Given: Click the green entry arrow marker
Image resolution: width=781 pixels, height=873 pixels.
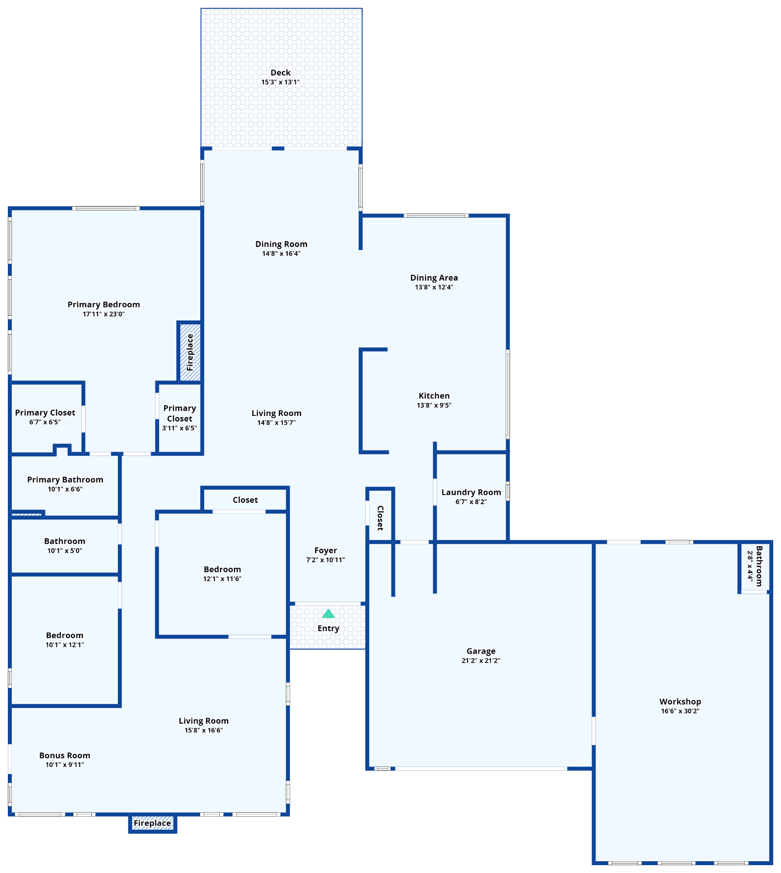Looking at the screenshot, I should click(x=328, y=614).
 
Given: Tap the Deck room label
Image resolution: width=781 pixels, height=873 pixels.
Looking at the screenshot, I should click(x=281, y=72).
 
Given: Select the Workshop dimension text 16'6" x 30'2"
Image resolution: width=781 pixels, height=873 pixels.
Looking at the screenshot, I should click(x=680, y=711).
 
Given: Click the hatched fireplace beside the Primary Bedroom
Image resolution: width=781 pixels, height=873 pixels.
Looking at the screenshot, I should click(x=190, y=352).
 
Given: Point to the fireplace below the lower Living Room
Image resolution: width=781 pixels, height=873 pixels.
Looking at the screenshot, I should click(x=152, y=823).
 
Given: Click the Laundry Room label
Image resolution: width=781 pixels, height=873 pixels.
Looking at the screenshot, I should click(x=471, y=492).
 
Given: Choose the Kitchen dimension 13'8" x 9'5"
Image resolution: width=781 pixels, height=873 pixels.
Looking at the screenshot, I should click(x=434, y=406).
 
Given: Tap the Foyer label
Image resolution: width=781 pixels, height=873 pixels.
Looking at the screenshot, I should click(x=325, y=550).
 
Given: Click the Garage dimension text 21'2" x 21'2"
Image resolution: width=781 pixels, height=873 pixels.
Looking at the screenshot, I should click(x=480, y=661).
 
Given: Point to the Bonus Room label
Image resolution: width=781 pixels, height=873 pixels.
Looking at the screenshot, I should click(x=65, y=756).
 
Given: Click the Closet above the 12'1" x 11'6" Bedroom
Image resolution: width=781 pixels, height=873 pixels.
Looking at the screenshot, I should click(x=245, y=500).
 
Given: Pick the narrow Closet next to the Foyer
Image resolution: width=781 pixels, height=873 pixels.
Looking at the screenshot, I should click(x=380, y=518).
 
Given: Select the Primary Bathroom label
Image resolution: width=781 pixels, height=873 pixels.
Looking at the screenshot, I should click(x=65, y=480).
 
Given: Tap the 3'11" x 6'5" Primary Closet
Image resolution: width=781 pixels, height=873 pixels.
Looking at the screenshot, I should click(x=179, y=418).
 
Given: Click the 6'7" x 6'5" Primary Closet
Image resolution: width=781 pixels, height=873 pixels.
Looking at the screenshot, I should click(x=45, y=417).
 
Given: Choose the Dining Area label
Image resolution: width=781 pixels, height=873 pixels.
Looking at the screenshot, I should click(x=434, y=278).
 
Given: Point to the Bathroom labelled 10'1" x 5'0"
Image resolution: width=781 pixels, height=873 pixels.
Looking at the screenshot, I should click(x=65, y=545).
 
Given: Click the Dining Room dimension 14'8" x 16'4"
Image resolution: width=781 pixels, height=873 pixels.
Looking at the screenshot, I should click(x=281, y=254).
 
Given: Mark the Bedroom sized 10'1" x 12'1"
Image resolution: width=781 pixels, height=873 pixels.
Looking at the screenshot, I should click(x=65, y=639).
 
